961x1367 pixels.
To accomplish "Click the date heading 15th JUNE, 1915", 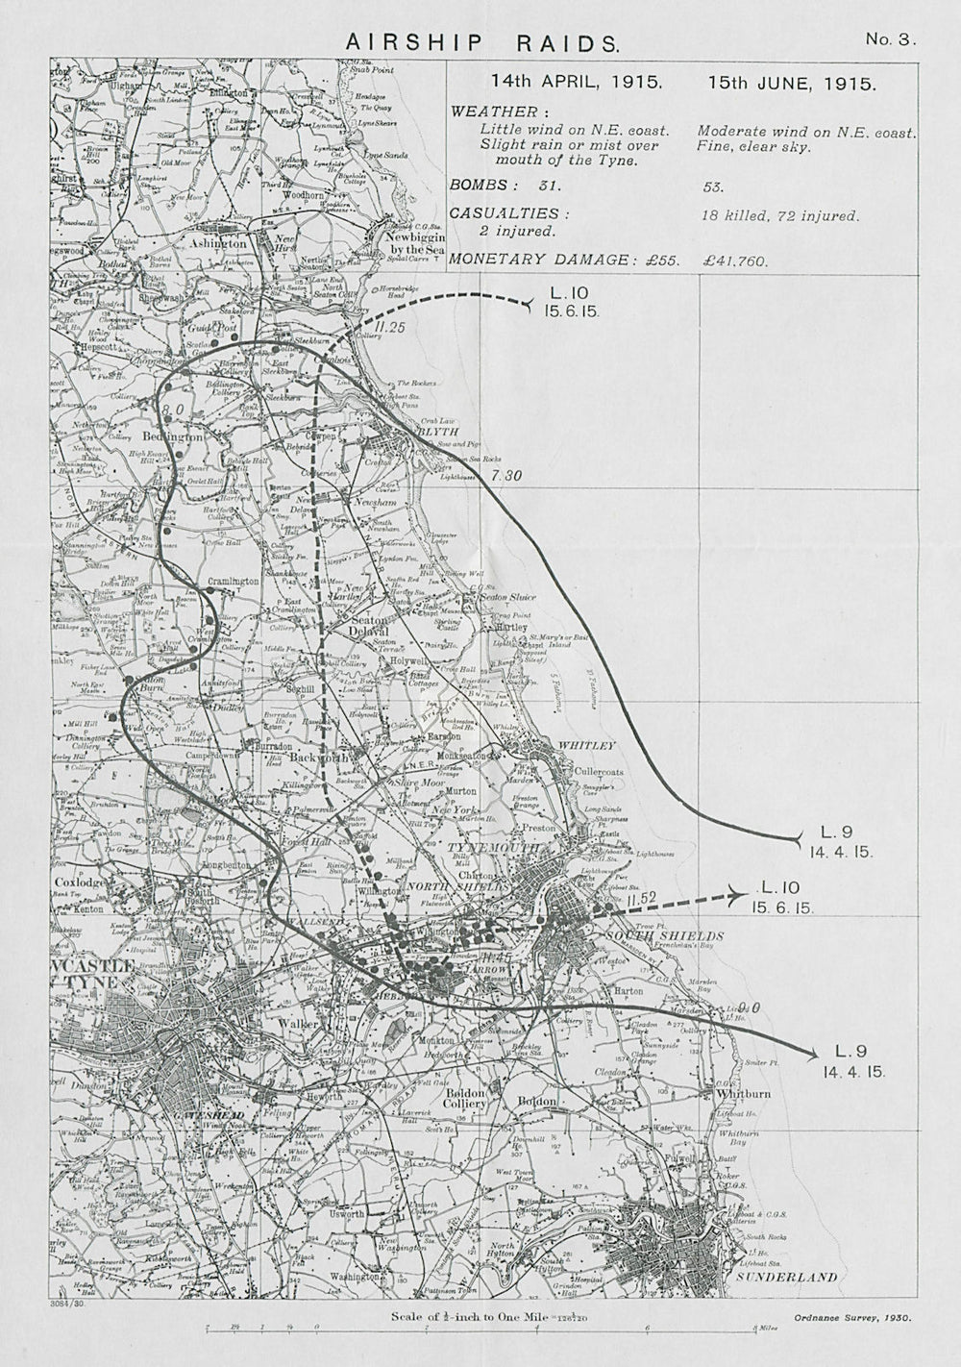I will coord(792,84).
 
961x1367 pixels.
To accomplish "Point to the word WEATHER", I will coord(500,112).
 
